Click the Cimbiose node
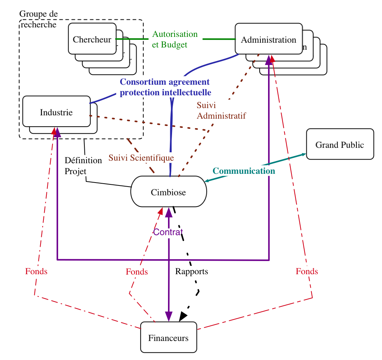168,192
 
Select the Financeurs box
168,338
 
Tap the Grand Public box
340,145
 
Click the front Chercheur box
92,39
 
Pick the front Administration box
268,39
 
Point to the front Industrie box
56,112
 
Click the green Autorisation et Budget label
175,39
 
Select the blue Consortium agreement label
166,87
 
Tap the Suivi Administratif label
221,111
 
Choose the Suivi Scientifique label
141,158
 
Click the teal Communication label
244,171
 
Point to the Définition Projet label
84,165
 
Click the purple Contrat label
168,233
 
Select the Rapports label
192,271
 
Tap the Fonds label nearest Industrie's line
37,271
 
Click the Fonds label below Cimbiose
137,272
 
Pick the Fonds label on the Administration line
307,271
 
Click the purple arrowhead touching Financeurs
168,317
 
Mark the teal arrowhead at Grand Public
303,154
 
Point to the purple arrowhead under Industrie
57,131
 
